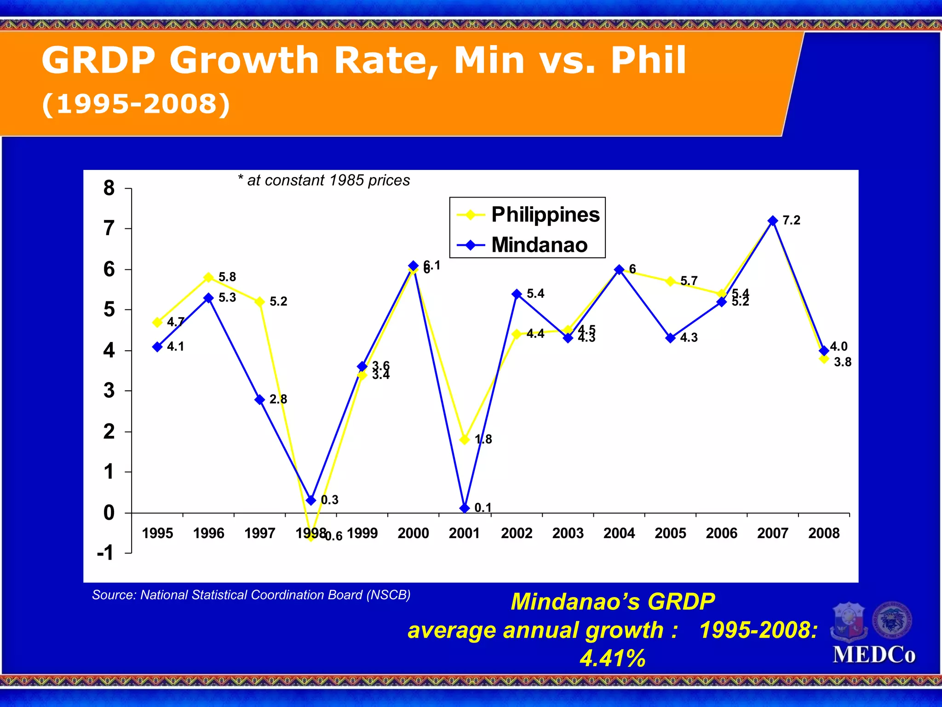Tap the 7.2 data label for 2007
click(x=791, y=220)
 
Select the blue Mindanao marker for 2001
click(x=465, y=508)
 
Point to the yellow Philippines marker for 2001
click(x=465, y=440)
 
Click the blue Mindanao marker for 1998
click(x=311, y=500)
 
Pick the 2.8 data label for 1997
click(x=278, y=399)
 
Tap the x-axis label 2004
click(x=619, y=533)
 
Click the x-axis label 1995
click(x=157, y=533)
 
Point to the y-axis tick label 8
click(x=109, y=188)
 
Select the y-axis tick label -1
click(x=105, y=553)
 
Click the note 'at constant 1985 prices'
click(x=324, y=180)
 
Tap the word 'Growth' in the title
click(x=244, y=60)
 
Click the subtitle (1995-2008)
click(x=136, y=104)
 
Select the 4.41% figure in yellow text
click(x=612, y=658)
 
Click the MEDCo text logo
click(x=874, y=655)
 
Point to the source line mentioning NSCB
click(x=251, y=595)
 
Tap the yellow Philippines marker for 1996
click(x=208, y=278)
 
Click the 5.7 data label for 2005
click(x=689, y=281)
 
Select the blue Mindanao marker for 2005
click(x=670, y=338)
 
